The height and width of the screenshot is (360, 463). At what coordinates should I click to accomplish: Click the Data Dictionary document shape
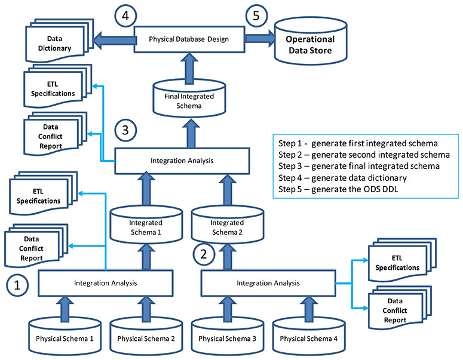pos(57,42)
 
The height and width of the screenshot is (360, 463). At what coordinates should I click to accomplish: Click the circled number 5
pos(256,16)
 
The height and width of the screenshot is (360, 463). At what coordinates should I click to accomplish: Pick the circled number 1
pos(19,285)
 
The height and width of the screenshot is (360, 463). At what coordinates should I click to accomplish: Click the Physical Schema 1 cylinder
pos(63,338)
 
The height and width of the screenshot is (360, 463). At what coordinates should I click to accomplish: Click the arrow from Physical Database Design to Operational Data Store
pos(258,39)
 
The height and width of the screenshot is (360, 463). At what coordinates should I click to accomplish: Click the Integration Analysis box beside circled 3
pos(181,160)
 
